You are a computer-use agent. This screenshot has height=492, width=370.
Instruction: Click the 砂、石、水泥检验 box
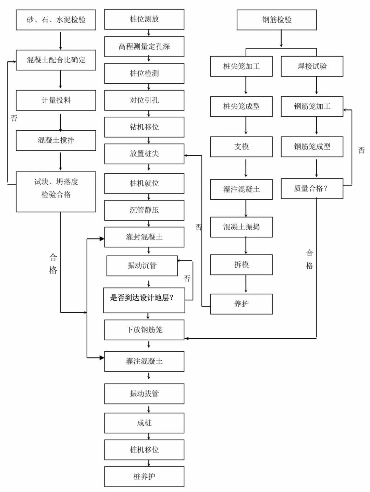pyautogui.click(x=56, y=20)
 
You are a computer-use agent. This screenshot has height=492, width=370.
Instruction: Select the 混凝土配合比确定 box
pyautogui.click(x=56, y=60)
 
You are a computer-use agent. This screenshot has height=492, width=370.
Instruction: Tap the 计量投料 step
pyautogui.click(x=56, y=100)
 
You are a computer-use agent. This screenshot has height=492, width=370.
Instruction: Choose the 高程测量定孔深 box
pyautogui.click(x=144, y=47)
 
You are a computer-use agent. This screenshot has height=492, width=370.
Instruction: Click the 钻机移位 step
pyautogui.click(x=144, y=127)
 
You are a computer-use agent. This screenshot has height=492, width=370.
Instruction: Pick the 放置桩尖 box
pyautogui.click(x=144, y=154)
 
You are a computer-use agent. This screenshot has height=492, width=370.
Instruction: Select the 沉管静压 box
pyautogui.click(x=144, y=210)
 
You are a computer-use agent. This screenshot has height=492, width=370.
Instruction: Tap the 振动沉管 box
pyautogui.click(x=142, y=266)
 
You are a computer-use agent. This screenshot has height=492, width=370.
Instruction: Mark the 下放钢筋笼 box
pyautogui.click(x=144, y=330)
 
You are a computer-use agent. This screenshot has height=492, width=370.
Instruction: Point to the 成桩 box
pyautogui.click(x=144, y=423)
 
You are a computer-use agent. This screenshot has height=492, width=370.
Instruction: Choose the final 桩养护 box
pyautogui.click(x=144, y=477)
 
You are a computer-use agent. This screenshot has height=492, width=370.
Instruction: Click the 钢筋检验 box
pyautogui.click(x=277, y=20)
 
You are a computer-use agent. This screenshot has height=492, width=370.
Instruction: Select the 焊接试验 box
pyautogui.click(x=312, y=67)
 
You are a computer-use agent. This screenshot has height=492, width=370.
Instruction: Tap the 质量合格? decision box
pyautogui.click(x=312, y=188)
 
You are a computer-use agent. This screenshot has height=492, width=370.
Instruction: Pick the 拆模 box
pyautogui.click(x=242, y=265)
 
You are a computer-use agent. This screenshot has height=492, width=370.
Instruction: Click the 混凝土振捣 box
pyautogui.click(x=242, y=227)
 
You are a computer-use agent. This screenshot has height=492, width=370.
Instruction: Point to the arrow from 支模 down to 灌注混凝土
pyautogui.click(x=246, y=168)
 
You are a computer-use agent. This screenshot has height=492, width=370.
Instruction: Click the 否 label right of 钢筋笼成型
pyautogui.click(x=361, y=150)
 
